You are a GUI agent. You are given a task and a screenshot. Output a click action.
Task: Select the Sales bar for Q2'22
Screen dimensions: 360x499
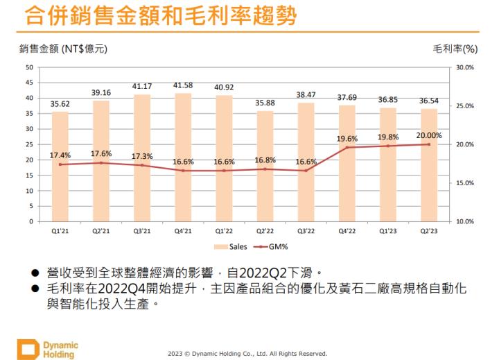265,166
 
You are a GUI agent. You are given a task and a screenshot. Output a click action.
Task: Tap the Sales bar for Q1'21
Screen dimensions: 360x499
60,166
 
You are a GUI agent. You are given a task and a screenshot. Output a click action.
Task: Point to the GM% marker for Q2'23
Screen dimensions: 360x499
428,144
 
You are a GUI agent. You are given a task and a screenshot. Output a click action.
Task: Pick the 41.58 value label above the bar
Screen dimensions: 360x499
183,85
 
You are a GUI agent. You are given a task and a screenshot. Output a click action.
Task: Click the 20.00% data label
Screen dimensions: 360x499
430,135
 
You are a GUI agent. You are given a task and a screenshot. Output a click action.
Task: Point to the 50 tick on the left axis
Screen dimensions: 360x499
28,67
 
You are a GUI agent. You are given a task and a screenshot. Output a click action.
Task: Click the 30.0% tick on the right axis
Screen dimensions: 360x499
464,67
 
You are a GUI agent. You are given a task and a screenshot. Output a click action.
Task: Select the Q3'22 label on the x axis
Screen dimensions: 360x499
306,231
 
